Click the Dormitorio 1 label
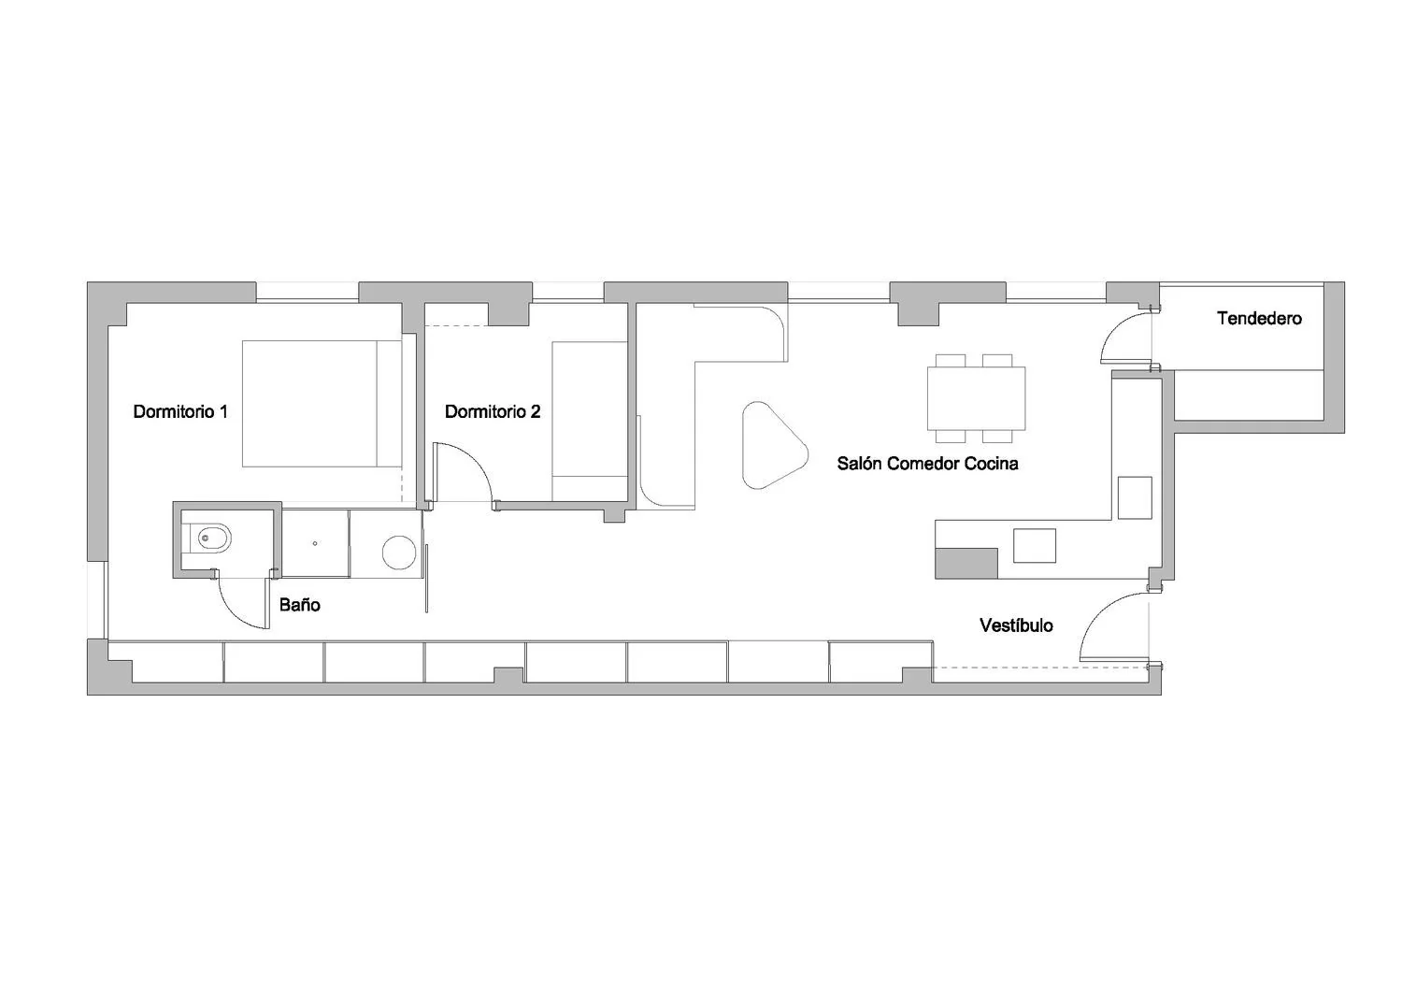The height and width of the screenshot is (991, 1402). [x=180, y=411]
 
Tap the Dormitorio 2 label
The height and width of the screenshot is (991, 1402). [x=492, y=411]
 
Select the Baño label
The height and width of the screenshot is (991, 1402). [x=299, y=605]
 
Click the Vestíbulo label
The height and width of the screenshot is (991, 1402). [x=1016, y=625]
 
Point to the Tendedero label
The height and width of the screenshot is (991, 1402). [x=1259, y=318]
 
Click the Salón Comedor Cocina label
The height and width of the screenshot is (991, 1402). [x=927, y=464]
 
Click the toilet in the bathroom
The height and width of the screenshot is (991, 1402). [x=209, y=538]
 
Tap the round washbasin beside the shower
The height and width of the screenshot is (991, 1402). [x=399, y=553]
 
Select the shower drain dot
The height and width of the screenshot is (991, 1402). [x=315, y=543]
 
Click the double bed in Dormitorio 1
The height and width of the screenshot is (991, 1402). [x=322, y=404]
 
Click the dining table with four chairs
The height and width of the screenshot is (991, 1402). [x=976, y=398]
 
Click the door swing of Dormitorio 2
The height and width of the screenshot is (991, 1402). [x=475, y=459]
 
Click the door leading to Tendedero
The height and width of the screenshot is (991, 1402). [x=1115, y=328]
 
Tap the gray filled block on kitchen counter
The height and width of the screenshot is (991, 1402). [x=966, y=564]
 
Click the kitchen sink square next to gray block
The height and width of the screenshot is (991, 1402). [x=1034, y=545]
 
